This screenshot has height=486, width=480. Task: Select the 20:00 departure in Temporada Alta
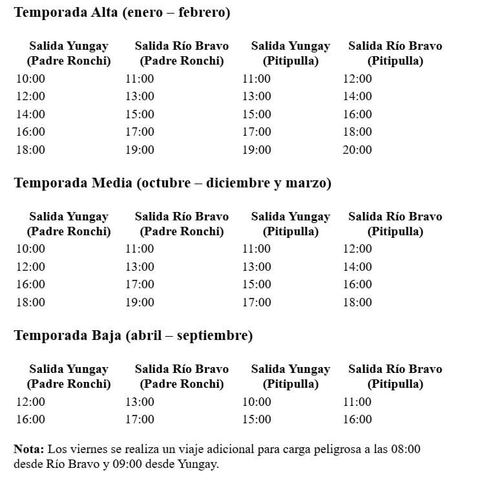[x=357, y=150]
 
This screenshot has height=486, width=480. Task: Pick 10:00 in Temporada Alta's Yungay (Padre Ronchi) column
[x=30, y=79]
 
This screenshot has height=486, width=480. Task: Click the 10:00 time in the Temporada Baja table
[x=256, y=402]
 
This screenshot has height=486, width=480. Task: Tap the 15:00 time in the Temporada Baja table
[x=256, y=419]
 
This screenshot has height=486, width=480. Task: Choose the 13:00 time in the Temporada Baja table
[x=140, y=402]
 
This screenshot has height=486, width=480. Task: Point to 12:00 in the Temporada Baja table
[x=30, y=402]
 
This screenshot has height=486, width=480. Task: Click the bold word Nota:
[x=29, y=449]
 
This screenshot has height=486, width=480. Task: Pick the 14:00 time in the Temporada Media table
[x=357, y=266]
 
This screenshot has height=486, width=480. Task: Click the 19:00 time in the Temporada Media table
[x=140, y=302]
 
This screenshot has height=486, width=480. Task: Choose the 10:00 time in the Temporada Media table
[x=30, y=249]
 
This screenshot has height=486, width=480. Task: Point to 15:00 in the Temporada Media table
[x=256, y=284]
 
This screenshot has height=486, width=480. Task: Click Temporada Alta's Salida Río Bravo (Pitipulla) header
[x=395, y=54]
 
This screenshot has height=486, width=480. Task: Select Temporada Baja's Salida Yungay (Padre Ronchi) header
[x=68, y=376]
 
